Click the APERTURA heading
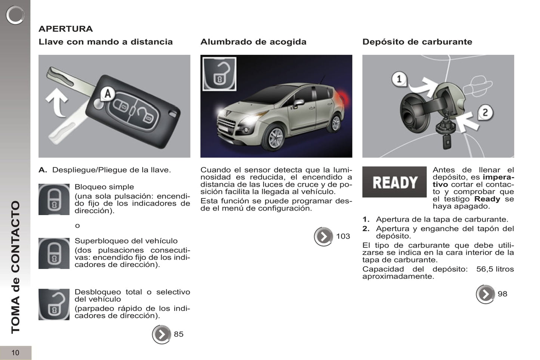tap(65, 29)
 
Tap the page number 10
tap(15, 353)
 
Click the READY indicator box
tap(394, 182)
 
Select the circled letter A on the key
tap(107, 93)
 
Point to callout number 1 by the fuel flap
tap(399, 79)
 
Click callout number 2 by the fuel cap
tap(485, 112)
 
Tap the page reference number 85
tap(179, 334)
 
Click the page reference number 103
tap(343, 236)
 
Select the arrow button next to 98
tap(485, 294)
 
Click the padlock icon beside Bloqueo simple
tap(54, 199)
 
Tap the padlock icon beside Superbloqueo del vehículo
tap(54, 254)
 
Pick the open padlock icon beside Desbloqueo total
tap(54, 304)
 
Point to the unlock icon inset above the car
tap(219, 74)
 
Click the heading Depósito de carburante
tap(417, 42)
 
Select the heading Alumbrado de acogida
tap(253, 42)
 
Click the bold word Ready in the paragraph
tap(487, 199)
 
